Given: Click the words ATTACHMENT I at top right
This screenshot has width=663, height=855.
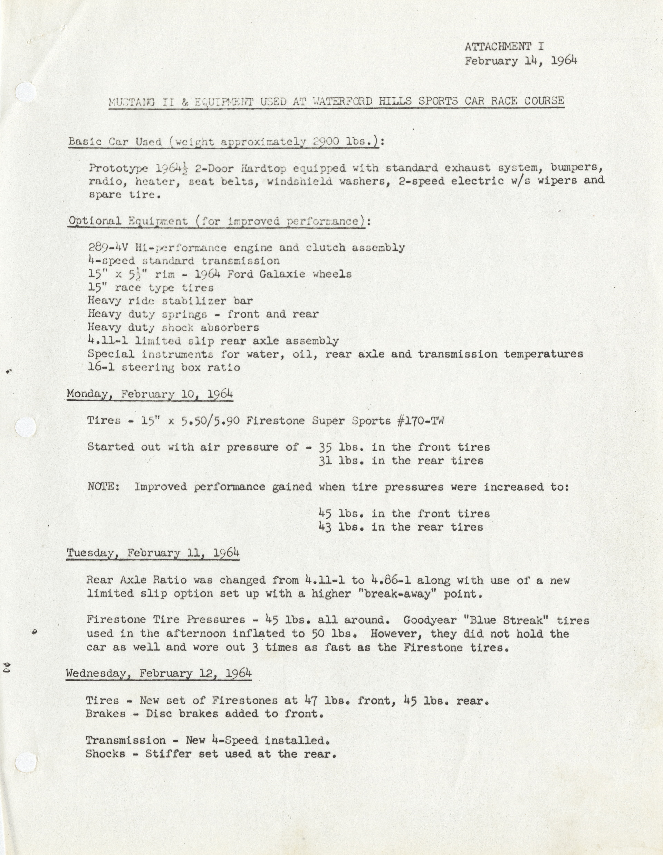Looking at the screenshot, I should [504, 47].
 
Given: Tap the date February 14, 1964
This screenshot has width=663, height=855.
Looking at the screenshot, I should [520, 61].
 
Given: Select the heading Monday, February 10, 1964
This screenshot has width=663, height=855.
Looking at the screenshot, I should [150, 394].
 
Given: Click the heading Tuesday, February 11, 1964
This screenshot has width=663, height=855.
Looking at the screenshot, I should [153, 553].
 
